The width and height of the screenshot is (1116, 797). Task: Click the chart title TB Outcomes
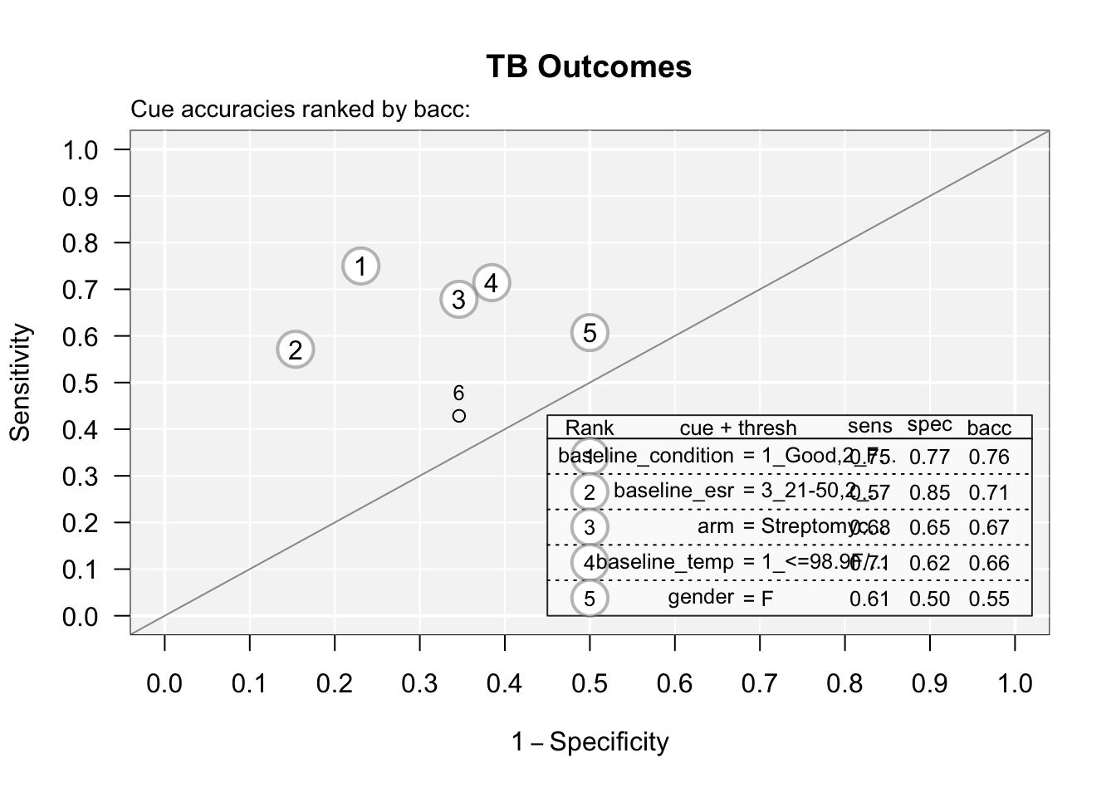pyautogui.click(x=588, y=66)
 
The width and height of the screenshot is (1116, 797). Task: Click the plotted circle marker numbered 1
pyautogui.click(x=360, y=266)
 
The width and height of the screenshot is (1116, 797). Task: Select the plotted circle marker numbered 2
pyautogui.click(x=296, y=350)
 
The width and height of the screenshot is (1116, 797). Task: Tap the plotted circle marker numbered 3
pyautogui.click(x=459, y=299)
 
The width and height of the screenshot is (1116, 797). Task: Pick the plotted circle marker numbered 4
pyautogui.click(x=492, y=283)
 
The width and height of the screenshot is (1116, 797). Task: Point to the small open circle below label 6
pyautogui.click(x=459, y=415)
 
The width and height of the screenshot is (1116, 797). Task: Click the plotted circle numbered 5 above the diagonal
pyautogui.click(x=590, y=333)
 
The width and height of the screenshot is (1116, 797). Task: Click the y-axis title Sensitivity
pyautogui.click(x=21, y=383)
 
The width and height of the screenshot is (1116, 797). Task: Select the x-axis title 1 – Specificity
pyautogui.click(x=590, y=741)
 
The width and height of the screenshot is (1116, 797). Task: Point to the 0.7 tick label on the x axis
pyautogui.click(x=760, y=683)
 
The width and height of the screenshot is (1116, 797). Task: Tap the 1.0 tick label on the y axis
pyautogui.click(x=80, y=150)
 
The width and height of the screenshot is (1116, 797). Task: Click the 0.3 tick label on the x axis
pyautogui.click(x=419, y=683)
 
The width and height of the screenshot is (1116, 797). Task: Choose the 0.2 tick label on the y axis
pyautogui.click(x=80, y=523)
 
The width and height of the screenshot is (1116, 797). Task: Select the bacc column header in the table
pyautogui.click(x=989, y=428)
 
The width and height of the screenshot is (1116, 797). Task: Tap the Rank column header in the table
pyautogui.click(x=590, y=428)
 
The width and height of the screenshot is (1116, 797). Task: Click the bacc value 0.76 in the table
pyautogui.click(x=989, y=457)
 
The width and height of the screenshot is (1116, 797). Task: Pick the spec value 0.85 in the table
pyautogui.click(x=929, y=492)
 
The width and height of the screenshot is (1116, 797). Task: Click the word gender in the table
pyautogui.click(x=701, y=597)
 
